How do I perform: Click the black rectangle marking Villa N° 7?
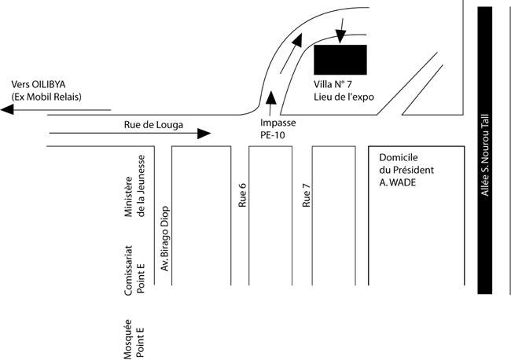pyautogui.click(x=340, y=59)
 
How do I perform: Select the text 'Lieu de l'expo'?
pyautogui.click(x=343, y=97)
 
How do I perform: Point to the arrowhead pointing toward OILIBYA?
pyautogui.click(x=8, y=111)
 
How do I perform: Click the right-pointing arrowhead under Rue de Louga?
pyautogui.click(x=204, y=134)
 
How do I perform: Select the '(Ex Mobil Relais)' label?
pyautogui.click(x=46, y=97)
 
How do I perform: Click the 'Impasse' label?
pyautogui.click(x=278, y=123)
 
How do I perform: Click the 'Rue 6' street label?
pyautogui.click(x=243, y=194)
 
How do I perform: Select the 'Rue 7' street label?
pyautogui.click(x=307, y=194)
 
